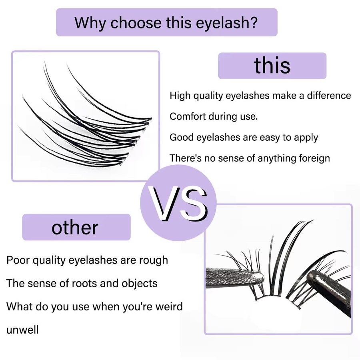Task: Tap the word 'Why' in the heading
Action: pos(90,23)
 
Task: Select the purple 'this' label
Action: pos(272,66)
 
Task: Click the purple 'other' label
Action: pos(76,227)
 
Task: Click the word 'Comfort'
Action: pos(188,116)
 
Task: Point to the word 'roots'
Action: pos(84,283)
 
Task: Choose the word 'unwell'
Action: pos(22,330)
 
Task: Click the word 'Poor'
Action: pos(18,260)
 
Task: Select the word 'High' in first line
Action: pos(180,96)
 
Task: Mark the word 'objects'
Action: pos(140,284)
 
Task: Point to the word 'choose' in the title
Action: pos(136,23)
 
